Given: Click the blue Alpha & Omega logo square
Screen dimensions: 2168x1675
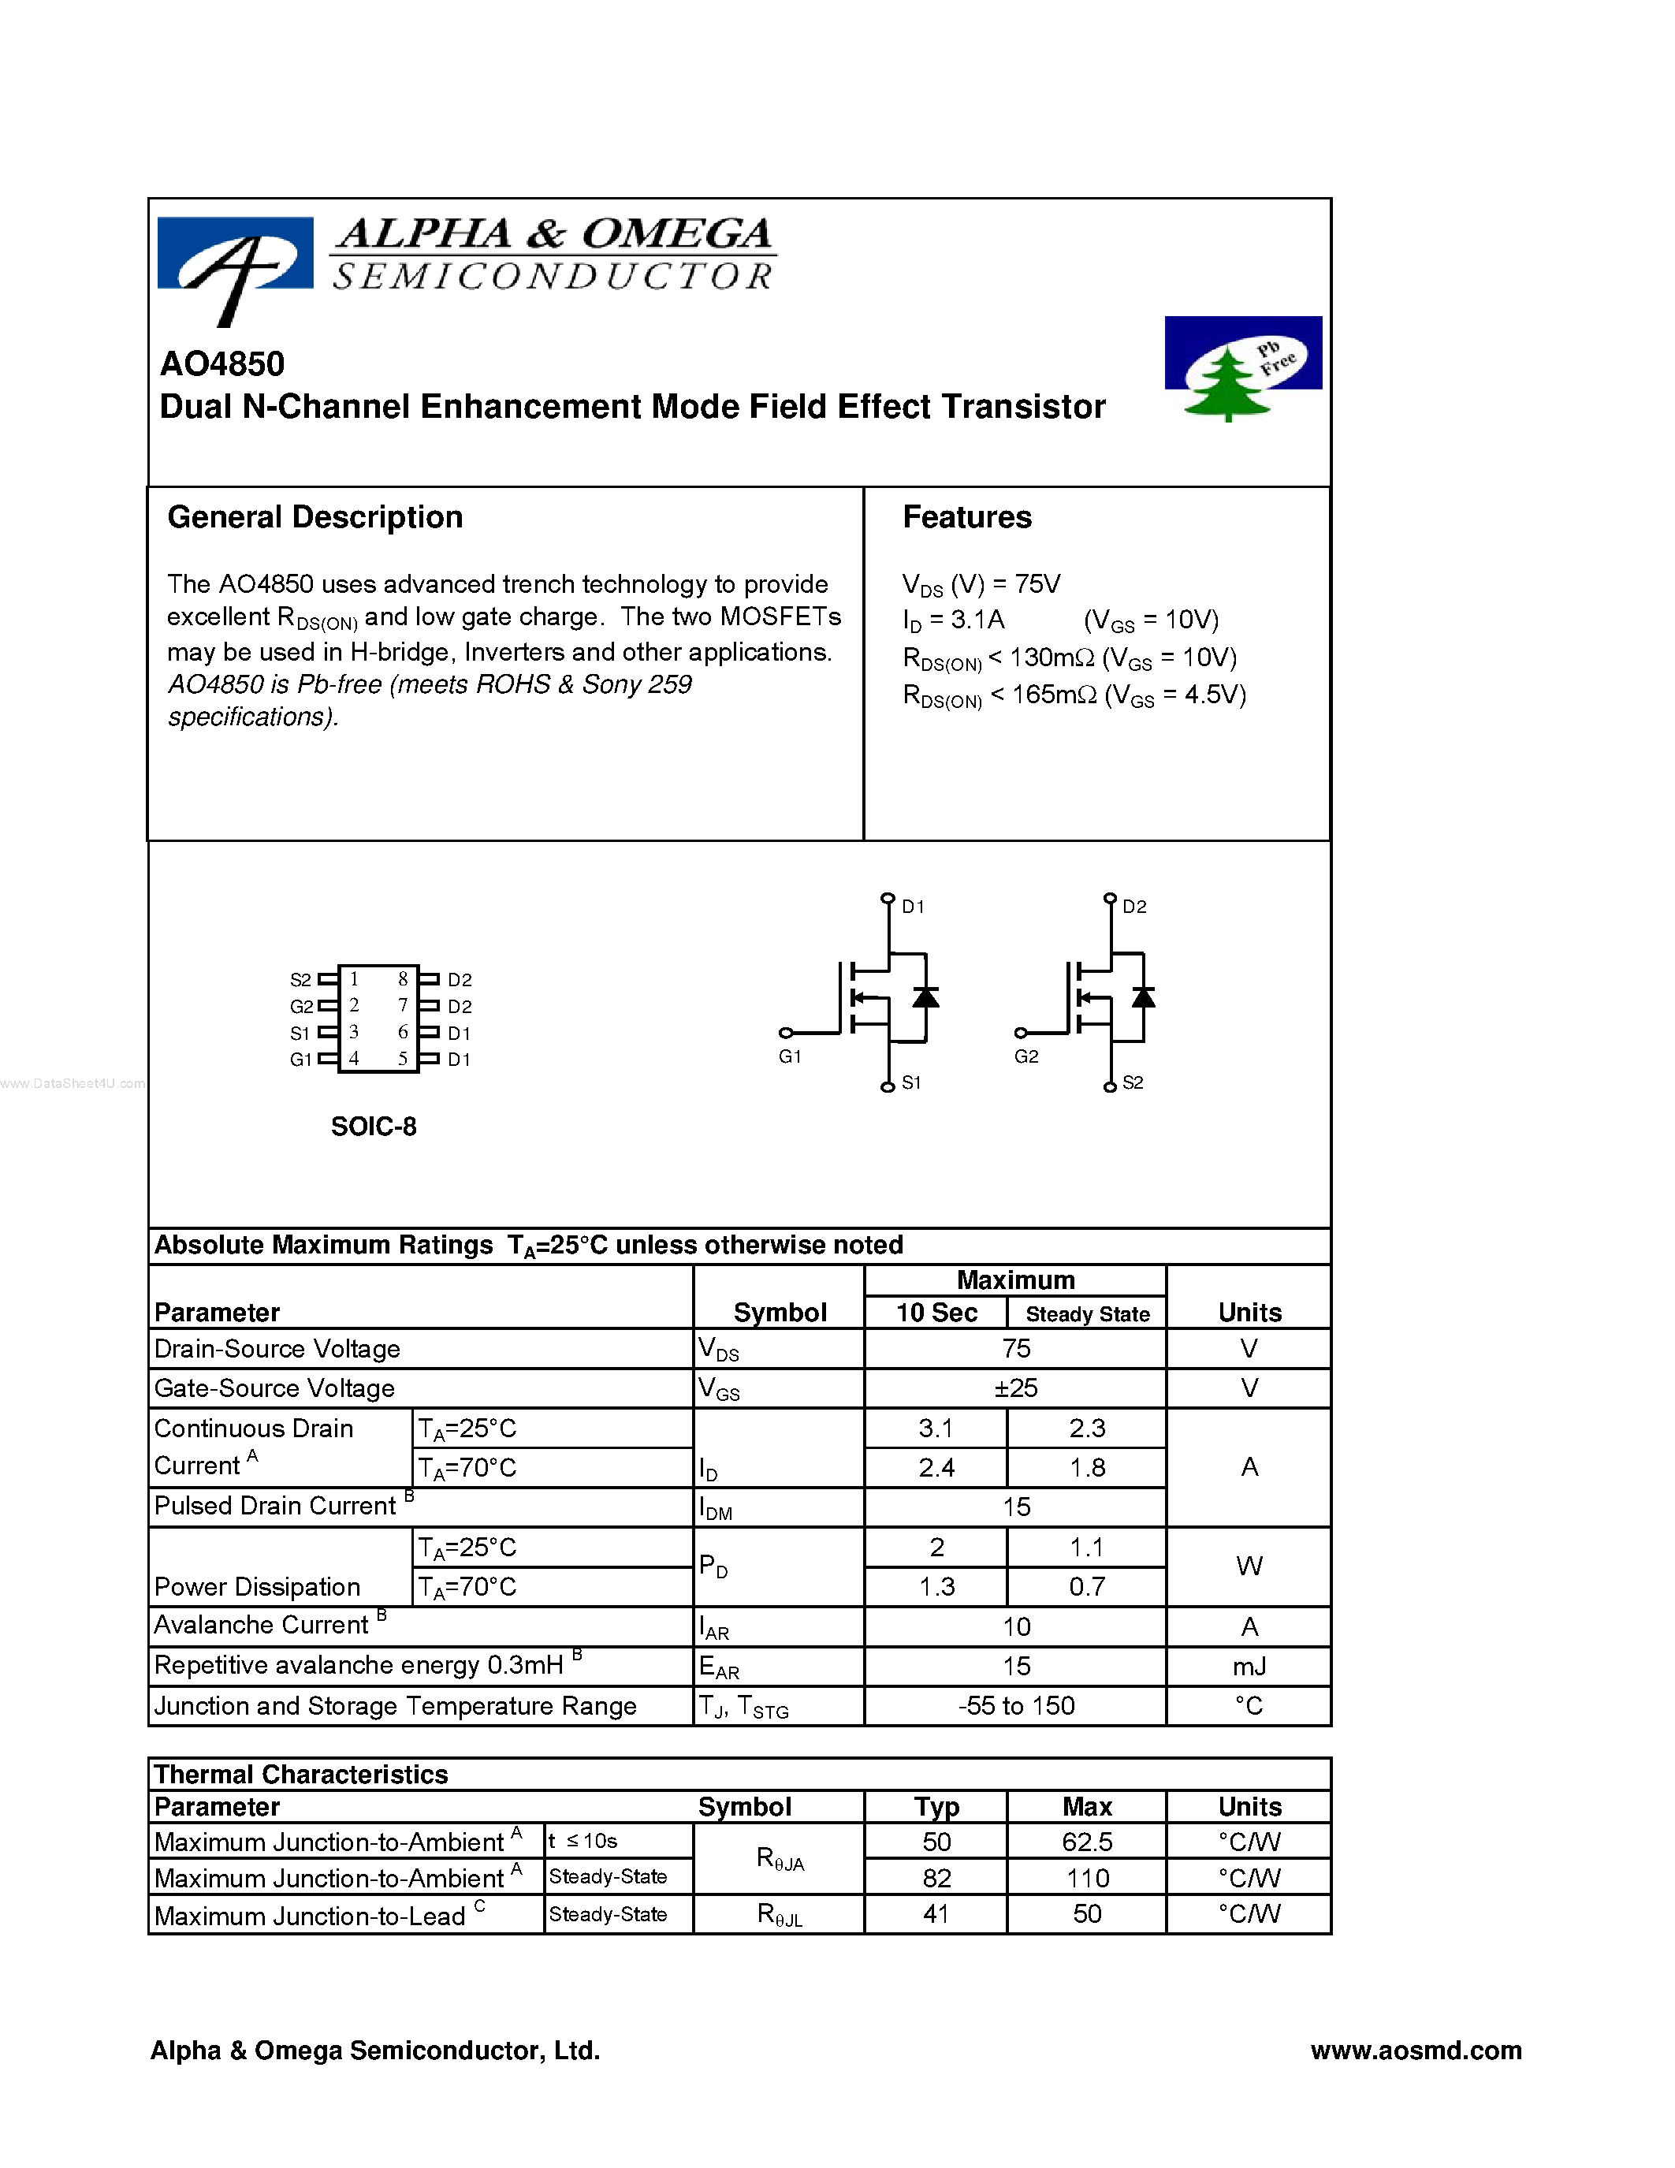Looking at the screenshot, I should [235, 254].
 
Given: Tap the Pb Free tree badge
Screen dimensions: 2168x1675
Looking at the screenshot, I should [1242, 367].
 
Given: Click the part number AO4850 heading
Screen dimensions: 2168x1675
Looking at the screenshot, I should [222, 364].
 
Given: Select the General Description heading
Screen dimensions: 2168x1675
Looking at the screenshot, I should [315, 517].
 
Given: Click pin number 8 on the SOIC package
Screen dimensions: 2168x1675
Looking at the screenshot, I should [403, 979].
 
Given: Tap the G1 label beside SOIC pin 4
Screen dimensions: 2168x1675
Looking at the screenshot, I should [300, 1060].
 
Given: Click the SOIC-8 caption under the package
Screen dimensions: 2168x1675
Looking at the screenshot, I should [373, 1126].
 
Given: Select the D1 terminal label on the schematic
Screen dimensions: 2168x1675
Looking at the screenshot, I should [913, 907].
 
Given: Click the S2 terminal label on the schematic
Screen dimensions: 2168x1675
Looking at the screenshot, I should [1132, 1083].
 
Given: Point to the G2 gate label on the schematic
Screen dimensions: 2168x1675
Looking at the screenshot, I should [1026, 1056].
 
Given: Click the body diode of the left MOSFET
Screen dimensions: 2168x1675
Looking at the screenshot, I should [926, 997].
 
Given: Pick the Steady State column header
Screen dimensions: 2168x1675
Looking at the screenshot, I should [1088, 1313].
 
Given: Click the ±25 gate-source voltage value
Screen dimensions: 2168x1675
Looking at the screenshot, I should [1015, 1388].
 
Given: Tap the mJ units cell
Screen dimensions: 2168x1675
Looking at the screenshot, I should [1249, 1666].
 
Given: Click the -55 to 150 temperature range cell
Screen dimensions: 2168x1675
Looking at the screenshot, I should [1015, 1705].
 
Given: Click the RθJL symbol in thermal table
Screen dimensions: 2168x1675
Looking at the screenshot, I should [779, 1914].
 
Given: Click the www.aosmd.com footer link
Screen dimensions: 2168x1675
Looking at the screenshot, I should [1415, 2050].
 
